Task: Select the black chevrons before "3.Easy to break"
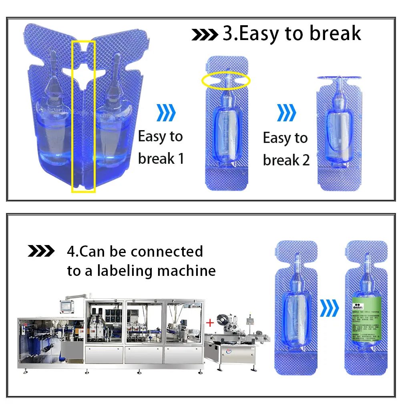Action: click(x=205, y=35)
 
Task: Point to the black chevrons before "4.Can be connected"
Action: click(x=41, y=251)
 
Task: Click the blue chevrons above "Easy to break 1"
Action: click(x=166, y=113)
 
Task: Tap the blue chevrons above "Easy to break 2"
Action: click(x=287, y=113)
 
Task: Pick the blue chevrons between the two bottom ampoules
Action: click(x=330, y=308)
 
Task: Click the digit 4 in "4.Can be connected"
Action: click(x=71, y=252)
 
